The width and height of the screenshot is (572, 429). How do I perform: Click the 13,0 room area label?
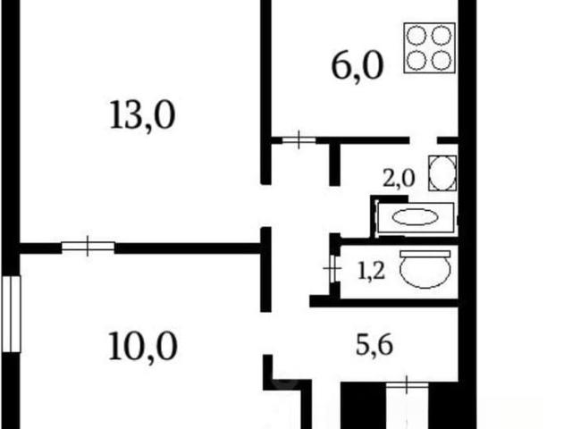(142, 115)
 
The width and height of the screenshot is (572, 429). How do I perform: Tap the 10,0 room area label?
(143, 346)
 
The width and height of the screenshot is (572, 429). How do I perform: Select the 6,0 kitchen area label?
(357, 66)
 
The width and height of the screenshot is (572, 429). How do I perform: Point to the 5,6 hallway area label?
(374, 345)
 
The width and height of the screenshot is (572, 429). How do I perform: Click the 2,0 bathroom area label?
(399, 179)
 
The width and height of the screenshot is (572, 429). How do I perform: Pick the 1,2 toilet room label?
(371, 272)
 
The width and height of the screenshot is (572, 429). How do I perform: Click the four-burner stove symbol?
(429, 47)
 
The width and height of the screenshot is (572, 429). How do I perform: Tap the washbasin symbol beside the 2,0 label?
(442, 172)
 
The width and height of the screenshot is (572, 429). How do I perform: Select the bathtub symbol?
(416, 217)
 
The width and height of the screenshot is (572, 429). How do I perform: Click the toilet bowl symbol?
(425, 268)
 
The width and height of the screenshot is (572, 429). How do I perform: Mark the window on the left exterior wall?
(11, 314)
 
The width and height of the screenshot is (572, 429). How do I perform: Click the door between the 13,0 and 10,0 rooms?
(88, 247)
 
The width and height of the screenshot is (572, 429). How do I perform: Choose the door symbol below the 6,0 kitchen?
(299, 139)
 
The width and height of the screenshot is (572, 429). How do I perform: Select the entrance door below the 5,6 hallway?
(408, 384)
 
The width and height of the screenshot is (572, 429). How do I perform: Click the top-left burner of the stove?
(416, 36)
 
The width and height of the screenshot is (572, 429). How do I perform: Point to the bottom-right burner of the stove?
(442, 60)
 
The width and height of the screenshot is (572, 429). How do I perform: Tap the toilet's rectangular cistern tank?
(425, 254)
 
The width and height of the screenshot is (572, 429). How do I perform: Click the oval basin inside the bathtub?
(415, 217)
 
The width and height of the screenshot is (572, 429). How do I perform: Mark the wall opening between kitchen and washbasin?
(423, 140)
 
